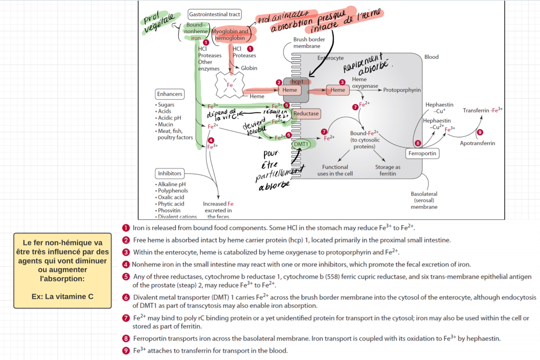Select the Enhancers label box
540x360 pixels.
click(170, 94)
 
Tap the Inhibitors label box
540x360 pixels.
click(169, 173)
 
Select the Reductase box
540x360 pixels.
click(306, 114)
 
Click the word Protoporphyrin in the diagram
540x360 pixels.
click(402, 89)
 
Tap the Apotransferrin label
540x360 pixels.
click(477, 143)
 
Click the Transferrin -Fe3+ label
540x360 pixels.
click(483, 110)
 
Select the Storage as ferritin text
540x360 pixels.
click(387, 170)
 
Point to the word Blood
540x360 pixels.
click(432, 57)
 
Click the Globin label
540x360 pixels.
click(249, 68)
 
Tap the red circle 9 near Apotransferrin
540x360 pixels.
click(480, 132)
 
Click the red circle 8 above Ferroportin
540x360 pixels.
click(418, 143)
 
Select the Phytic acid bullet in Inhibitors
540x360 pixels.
click(171, 204)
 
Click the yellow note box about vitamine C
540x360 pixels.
click(62, 270)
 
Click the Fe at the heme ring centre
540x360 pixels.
click(230, 85)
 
